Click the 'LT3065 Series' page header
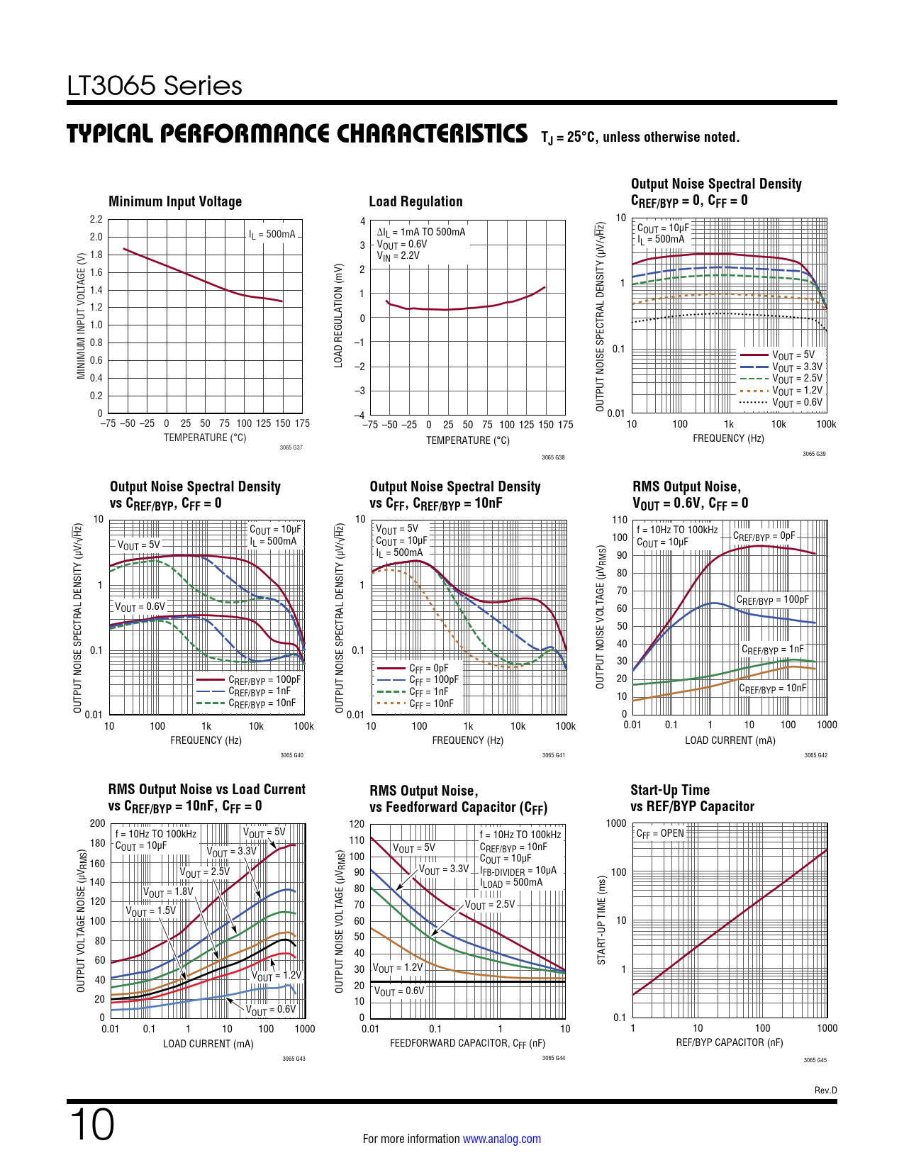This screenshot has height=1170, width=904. [155, 86]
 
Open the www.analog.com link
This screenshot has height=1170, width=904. [501, 1139]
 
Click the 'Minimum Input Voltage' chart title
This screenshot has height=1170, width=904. [175, 201]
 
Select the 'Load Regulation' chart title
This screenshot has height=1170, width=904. [415, 201]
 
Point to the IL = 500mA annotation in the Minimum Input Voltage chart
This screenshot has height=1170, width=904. [272, 234]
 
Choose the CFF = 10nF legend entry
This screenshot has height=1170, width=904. [431, 703]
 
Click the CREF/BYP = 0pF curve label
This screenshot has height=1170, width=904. [764, 536]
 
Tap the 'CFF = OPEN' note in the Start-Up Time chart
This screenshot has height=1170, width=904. [660, 833]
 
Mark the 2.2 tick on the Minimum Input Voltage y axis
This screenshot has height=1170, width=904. [96, 219]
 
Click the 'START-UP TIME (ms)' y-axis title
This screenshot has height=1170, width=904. [601, 920]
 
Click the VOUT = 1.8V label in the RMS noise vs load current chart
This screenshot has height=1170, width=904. [168, 892]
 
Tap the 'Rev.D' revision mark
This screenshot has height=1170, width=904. [825, 1091]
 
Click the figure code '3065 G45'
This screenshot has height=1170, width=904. [815, 1060]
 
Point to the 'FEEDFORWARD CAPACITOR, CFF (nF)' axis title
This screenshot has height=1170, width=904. [467, 1043]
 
